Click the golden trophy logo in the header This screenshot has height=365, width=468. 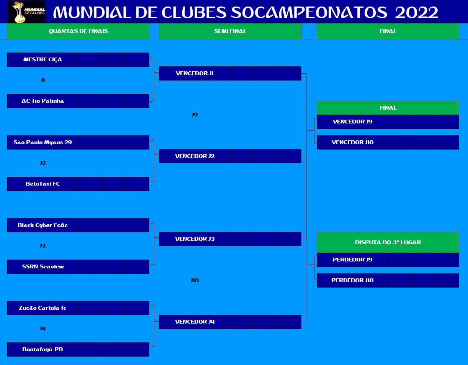click(26, 12)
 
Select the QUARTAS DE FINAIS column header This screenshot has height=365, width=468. click(78, 31)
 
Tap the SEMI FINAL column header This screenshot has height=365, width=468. click(230, 31)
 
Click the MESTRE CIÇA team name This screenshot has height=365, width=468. click(43, 59)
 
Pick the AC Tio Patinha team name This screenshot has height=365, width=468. click(43, 101)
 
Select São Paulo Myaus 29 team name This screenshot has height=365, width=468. click(43, 142)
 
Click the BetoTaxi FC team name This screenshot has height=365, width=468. click(43, 184)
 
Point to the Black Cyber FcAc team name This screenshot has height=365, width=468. click(43, 225)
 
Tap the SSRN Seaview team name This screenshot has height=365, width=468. click(43, 266)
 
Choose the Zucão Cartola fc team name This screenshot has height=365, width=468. click(43, 308)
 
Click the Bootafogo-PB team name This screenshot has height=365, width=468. click(43, 349)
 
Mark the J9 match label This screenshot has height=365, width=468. click(195, 115)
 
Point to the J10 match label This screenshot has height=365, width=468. click(195, 280)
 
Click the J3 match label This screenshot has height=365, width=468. click(43, 246)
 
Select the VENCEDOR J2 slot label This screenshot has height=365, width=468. click(195, 156)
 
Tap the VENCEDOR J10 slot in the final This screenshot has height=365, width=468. click(353, 142)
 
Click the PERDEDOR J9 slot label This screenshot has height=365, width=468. click(352, 260)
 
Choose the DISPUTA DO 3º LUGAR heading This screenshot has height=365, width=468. click(388, 242)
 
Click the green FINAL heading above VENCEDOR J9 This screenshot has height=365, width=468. click(388, 108)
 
